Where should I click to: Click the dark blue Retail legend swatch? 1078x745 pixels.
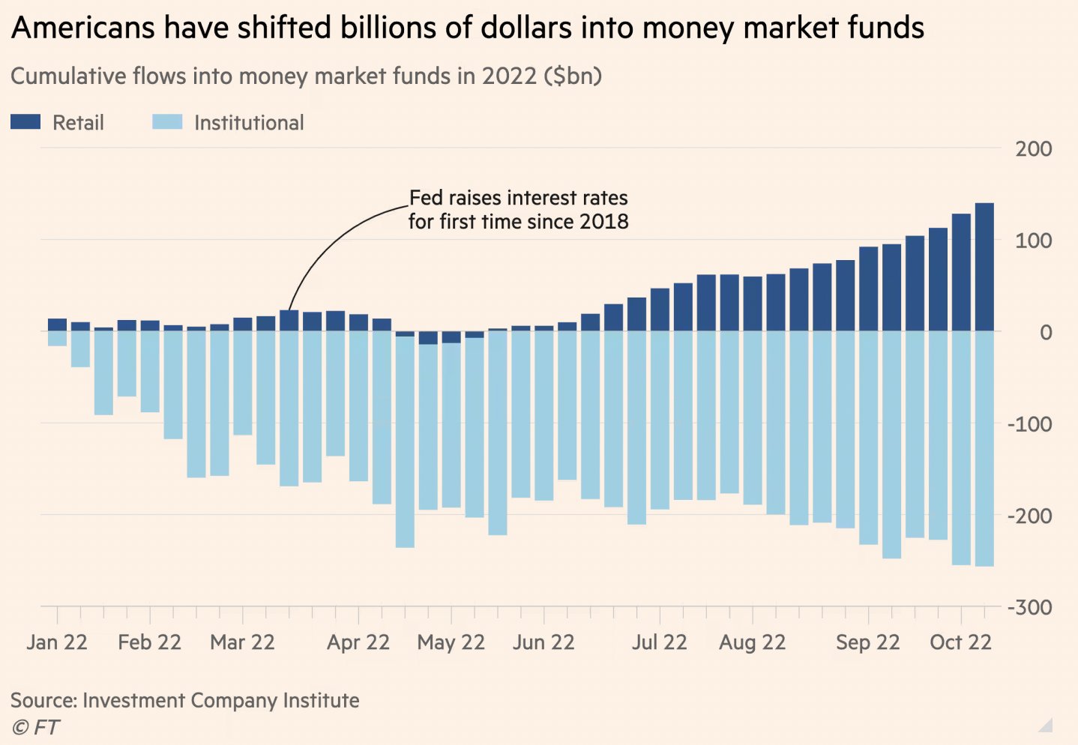click(x=25, y=122)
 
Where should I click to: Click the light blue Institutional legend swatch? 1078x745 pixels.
click(x=167, y=122)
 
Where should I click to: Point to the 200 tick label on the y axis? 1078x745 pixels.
click(x=1033, y=148)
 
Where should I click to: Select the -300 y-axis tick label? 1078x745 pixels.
click(x=1029, y=607)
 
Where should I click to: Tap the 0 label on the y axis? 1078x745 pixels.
click(x=1045, y=332)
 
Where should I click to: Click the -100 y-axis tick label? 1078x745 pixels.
click(x=1029, y=424)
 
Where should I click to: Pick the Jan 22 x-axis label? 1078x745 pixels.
click(x=57, y=642)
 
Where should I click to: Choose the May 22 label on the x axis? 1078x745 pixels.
click(x=451, y=642)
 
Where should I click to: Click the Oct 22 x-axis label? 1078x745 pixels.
click(x=960, y=642)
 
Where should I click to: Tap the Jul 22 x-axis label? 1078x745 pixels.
click(x=659, y=642)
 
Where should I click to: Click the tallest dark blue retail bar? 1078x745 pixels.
click(x=984, y=266)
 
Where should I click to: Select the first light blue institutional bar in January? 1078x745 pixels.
click(x=57, y=338)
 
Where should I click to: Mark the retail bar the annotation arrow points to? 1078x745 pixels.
click(x=289, y=321)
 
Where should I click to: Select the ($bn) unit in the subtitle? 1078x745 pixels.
click(x=573, y=76)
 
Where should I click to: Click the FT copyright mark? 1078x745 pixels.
click(x=36, y=727)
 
